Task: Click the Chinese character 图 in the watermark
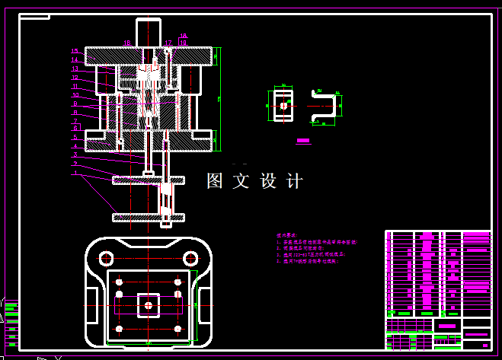[216, 181]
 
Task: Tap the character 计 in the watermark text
[294, 181]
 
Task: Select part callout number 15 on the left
[75, 51]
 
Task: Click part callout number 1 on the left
[75, 173]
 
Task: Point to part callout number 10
[75, 94]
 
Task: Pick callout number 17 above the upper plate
[168, 43]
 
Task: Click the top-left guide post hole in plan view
[118, 282]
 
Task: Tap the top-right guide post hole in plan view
[178, 282]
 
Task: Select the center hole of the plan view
[148, 305]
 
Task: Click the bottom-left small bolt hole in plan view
[118, 329]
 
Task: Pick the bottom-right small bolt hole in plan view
[178, 329]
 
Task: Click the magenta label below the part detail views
[303, 141]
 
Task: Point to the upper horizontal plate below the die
[149, 180]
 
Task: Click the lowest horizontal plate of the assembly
[149, 217]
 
